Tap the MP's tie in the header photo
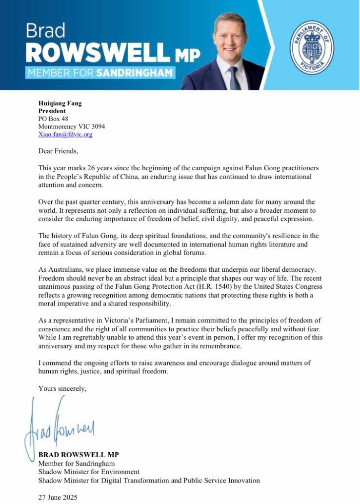(x=235, y=79)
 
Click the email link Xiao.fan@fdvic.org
(x=65, y=134)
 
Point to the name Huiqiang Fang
(x=60, y=103)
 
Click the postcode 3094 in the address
(x=97, y=126)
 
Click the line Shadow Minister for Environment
(x=89, y=472)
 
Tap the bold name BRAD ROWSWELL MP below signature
(x=79, y=455)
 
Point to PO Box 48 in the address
(x=54, y=119)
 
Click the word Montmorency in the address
(x=59, y=126)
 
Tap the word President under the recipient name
(x=52, y=111)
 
